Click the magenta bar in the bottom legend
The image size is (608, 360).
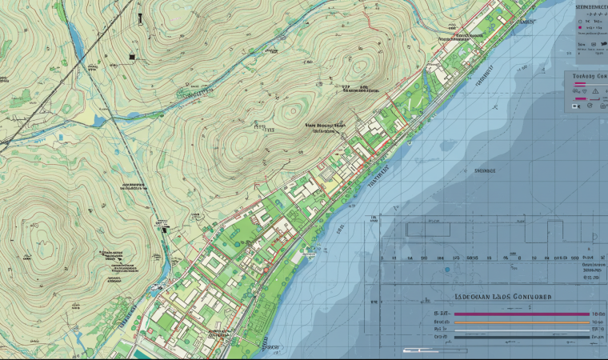coord(521,314)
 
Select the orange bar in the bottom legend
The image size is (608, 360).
coord(521,321)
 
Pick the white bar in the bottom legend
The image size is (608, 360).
coord(521,329)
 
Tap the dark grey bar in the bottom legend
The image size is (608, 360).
coord(521,337)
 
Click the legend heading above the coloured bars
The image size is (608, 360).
coord(503,296)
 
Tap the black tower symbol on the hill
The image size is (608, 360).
coord(138,18)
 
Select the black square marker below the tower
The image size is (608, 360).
coord(130,57)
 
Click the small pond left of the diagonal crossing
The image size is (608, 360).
coord(98,122)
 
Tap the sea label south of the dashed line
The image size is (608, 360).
coord(485,170)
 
